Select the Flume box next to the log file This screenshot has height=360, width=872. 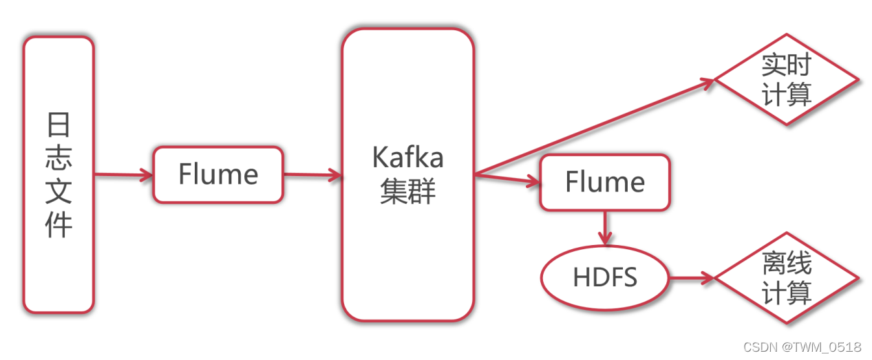click(x=218, y=175)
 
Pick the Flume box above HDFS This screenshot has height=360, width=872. click(x=604, y=182)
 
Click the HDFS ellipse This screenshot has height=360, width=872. click(x=604, y=278)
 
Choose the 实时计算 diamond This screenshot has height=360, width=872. click(x=787, y=81)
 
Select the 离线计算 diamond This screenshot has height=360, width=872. click(x=787, y=278)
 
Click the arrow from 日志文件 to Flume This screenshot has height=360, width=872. click(x=123, y=175)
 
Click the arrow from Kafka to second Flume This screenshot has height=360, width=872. click(x=507, y=180)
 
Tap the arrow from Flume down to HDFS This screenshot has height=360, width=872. click(x=605, y=228)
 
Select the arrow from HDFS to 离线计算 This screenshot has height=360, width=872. click(x=692, y=278)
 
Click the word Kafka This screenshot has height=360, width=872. click(x=408, y=158)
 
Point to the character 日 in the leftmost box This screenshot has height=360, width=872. click(x=59, y=126)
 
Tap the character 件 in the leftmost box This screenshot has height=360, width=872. click(x=59, y=225)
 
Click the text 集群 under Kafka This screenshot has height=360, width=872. click(x=408, y=192)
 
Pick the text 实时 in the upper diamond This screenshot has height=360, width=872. click(x=787, y=66)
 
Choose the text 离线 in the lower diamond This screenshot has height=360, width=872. click(x=787, y=264)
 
